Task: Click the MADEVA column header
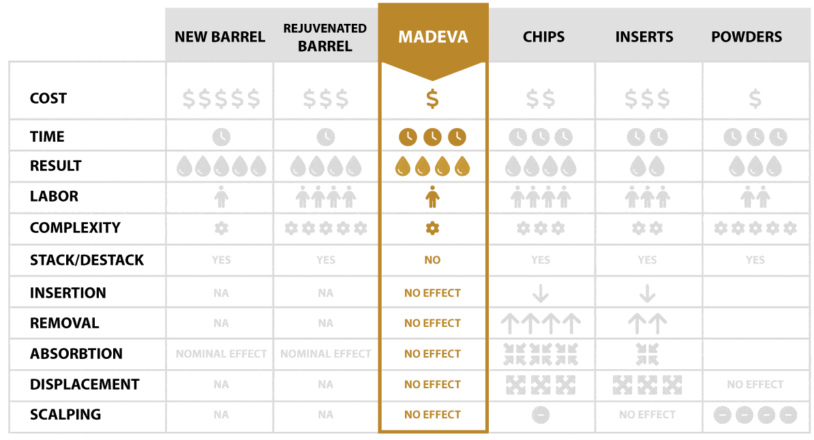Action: point(433,36)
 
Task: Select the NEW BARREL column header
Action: point(220,37)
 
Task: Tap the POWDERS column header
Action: point(747,37)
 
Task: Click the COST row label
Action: point(48,98)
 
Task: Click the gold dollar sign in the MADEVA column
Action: point(432,99)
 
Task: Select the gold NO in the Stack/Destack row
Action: point(432,260)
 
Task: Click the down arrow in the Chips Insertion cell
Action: point(541,294)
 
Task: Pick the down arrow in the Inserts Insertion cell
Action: point(647,294)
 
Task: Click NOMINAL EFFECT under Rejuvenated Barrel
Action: point(326,354)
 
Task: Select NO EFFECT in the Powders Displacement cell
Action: point(755,385)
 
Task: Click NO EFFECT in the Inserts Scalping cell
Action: point(647,415)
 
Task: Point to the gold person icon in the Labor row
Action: point(432,197)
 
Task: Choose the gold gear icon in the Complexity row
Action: point(432,228)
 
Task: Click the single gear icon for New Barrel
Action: point(221,228)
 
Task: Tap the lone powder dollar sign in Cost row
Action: point(755,99)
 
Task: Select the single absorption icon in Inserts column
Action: point(647,353)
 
